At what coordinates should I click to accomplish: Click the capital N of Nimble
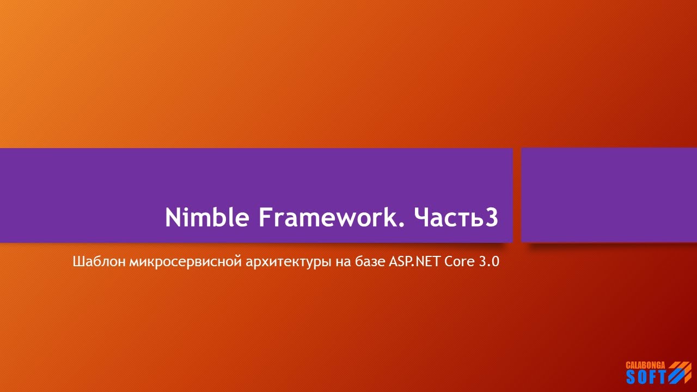(173, 218)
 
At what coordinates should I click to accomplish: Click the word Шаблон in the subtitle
(100, 262)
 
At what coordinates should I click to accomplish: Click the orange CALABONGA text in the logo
(646, 365)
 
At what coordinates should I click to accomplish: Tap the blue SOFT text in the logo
(646, 377)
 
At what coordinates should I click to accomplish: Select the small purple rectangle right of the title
(609, 195)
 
